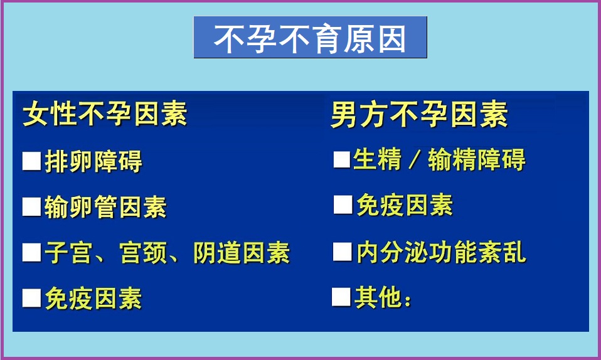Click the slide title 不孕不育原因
[310, 38]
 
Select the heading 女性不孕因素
[105, 114]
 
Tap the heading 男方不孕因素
[419, 114]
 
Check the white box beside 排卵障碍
[32, 161]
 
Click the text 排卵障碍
[93, 161]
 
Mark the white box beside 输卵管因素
[32, 207]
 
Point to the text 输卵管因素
[106, 207]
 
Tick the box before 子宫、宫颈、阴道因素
[32, 253]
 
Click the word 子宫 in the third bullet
[68, 253]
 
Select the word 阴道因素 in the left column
[242, 253]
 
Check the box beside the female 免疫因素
[32, 299]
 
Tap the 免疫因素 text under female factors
[93, 299]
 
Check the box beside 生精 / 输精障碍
[342, 159]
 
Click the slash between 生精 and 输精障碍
[414, 159]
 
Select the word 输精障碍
[477, 159]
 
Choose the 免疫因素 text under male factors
[405, 204]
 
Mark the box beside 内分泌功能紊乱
[343, 252]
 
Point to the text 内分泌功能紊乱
[442, 252]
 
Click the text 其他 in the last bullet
[379, 297]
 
